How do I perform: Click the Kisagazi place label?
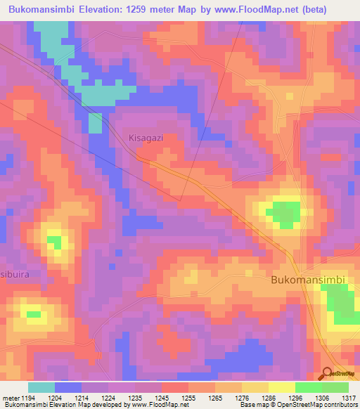[x=146, y=138]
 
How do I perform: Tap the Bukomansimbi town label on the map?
[x=308, y=280]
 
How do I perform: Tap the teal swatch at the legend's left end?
[x=41, y=387]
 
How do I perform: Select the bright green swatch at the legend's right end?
[x=335, y=387]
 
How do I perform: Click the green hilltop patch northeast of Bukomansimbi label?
[x=285, y=213]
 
